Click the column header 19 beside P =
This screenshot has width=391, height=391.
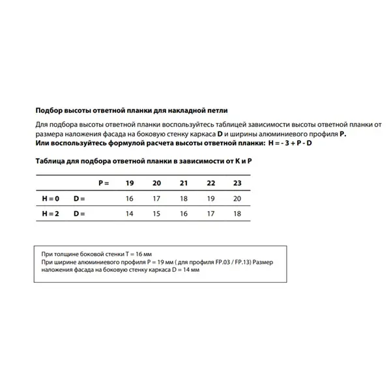pos(129,184)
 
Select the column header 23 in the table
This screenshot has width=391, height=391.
pos(237,184)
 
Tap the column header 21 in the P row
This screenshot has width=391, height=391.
pos(183,184)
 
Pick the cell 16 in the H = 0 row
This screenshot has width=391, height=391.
pos(129,198)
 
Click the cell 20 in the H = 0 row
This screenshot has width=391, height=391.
pos(237,198)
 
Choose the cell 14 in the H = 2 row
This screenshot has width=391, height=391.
pos(129,214)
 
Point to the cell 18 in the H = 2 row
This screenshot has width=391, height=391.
pos(237,214)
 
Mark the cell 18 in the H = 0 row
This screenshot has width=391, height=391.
pos(183,198)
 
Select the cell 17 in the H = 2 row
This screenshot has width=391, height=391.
pos(210,214)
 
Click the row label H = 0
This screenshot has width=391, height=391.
pos(50,198)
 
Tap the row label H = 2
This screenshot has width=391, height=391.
pos(50,214)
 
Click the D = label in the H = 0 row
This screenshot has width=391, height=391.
pos(80,198)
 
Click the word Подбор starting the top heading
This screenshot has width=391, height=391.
pos(50,111)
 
